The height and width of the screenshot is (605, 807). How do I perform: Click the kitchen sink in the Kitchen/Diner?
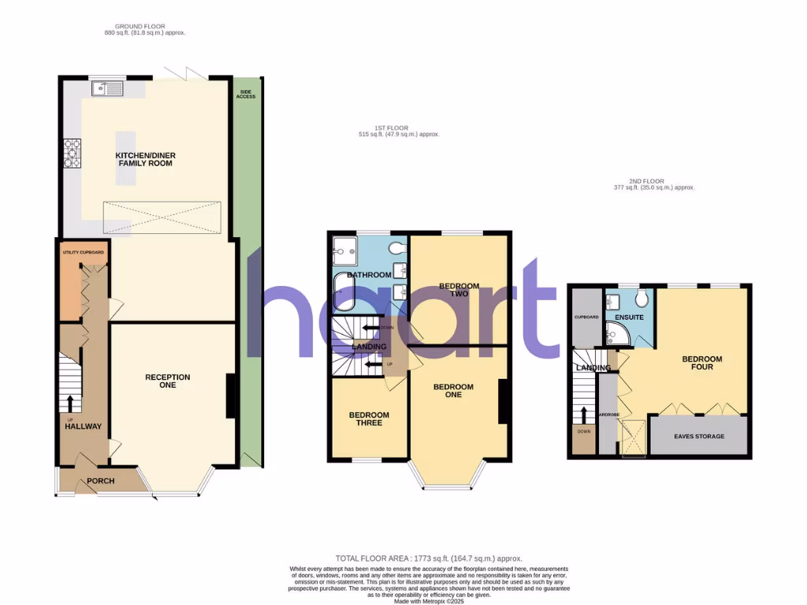pyautogui.click(x=107, y=88)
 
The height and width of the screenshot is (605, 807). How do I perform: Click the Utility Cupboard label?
pyautogui.click(x=84, y=252)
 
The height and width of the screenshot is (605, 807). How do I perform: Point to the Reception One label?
pyautogui.click(x=167, y=381)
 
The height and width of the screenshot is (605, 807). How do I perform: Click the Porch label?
pyautogui.click(x=101, y=481)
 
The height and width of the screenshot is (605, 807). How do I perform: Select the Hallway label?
pyautogui.click(x=83, y=426)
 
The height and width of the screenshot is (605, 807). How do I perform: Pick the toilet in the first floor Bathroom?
pyautogui.click(x=399, y=250)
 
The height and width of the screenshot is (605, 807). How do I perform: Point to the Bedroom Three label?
pyautogui.click(x=369, y=419)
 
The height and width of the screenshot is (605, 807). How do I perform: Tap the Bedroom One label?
pyautogui.click(x=453, y=391)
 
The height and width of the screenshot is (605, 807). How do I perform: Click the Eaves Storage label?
pyautogui.click(x=699, y=436)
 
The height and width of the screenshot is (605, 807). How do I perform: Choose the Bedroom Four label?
pyautogui.click(x=701, y=362)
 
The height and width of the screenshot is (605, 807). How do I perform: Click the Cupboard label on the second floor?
pyautogui.click(x=587, y=317)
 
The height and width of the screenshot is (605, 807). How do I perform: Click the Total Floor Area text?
pyautogui.click(x=430, y=559)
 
